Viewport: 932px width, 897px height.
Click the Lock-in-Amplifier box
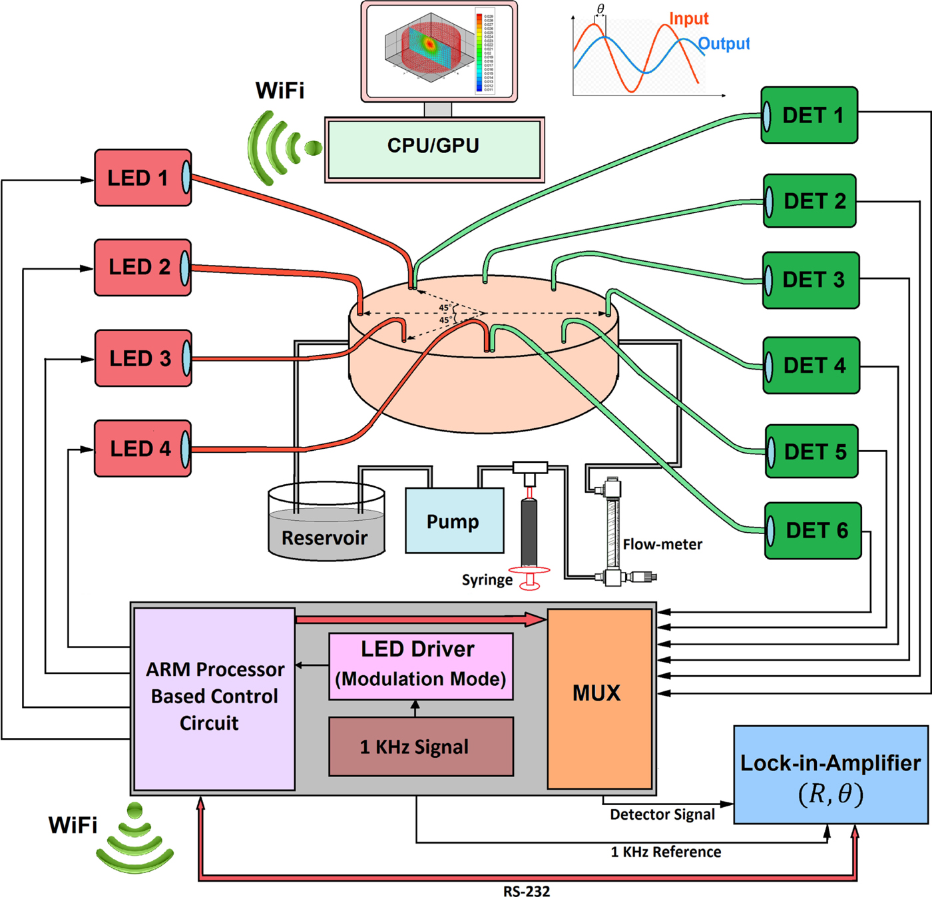coord(831,775)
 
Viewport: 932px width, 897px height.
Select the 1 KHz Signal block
coord(421,747)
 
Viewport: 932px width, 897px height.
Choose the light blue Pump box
coord(455,521)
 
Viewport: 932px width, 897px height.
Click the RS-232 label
coord(526,891)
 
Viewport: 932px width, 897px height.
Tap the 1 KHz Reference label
coord(666,852)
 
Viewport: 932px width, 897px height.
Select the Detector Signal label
coord(662,814)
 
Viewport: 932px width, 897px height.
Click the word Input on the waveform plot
coord(688,19)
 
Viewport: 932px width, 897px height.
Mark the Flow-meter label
coord(662,544)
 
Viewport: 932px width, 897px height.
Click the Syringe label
coord(487,580)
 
